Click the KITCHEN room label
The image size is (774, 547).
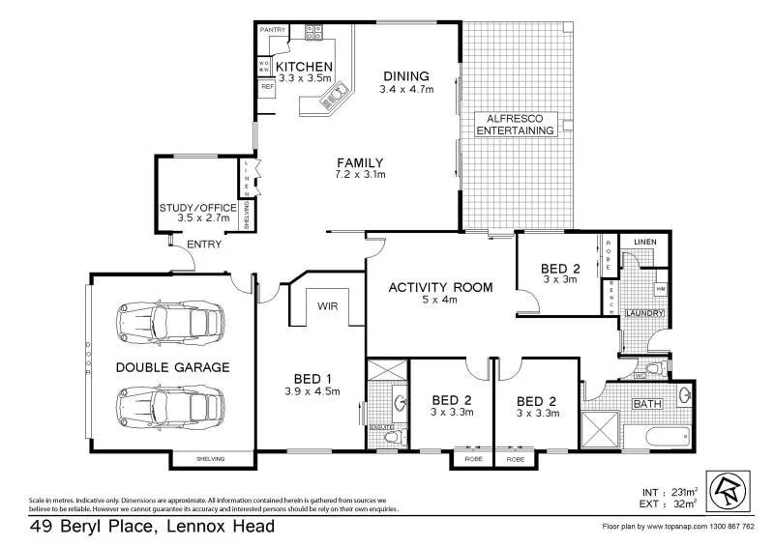(x=305, y=66)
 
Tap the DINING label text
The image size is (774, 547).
(x=405, y=76)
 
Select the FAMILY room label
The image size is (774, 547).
(x=360, y=162)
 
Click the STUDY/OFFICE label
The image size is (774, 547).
(x=197, y=207)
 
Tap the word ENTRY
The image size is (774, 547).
(x=203, y=245)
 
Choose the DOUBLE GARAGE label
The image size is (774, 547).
(x=172, y=367)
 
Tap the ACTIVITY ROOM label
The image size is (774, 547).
(x=441, y=287)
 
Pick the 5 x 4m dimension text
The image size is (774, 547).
(x=441, y=301)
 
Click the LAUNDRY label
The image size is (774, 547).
(x=643, y=312)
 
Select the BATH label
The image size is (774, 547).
(x=645, y=403)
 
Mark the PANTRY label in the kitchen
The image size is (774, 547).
(x=273, y=30)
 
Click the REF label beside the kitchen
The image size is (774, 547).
(x=267, y=86)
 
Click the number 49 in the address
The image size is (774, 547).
(x=40, y=527)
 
